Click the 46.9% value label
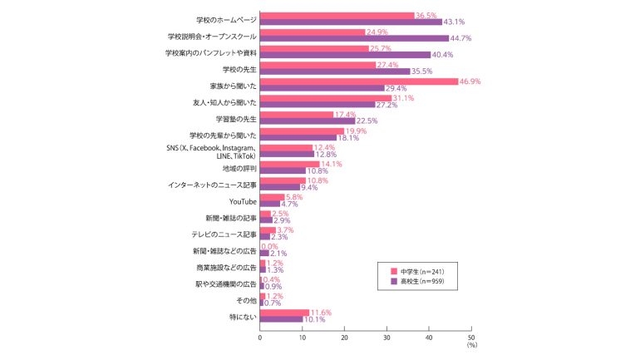coord(470,81)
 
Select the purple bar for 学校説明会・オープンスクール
coord(354,38)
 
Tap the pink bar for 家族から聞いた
coord(358,81)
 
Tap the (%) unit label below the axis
coord(471,345)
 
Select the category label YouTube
coord(243,201)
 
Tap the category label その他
coord(247,300)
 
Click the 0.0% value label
coord(269,246)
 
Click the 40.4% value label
coord(443,55)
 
